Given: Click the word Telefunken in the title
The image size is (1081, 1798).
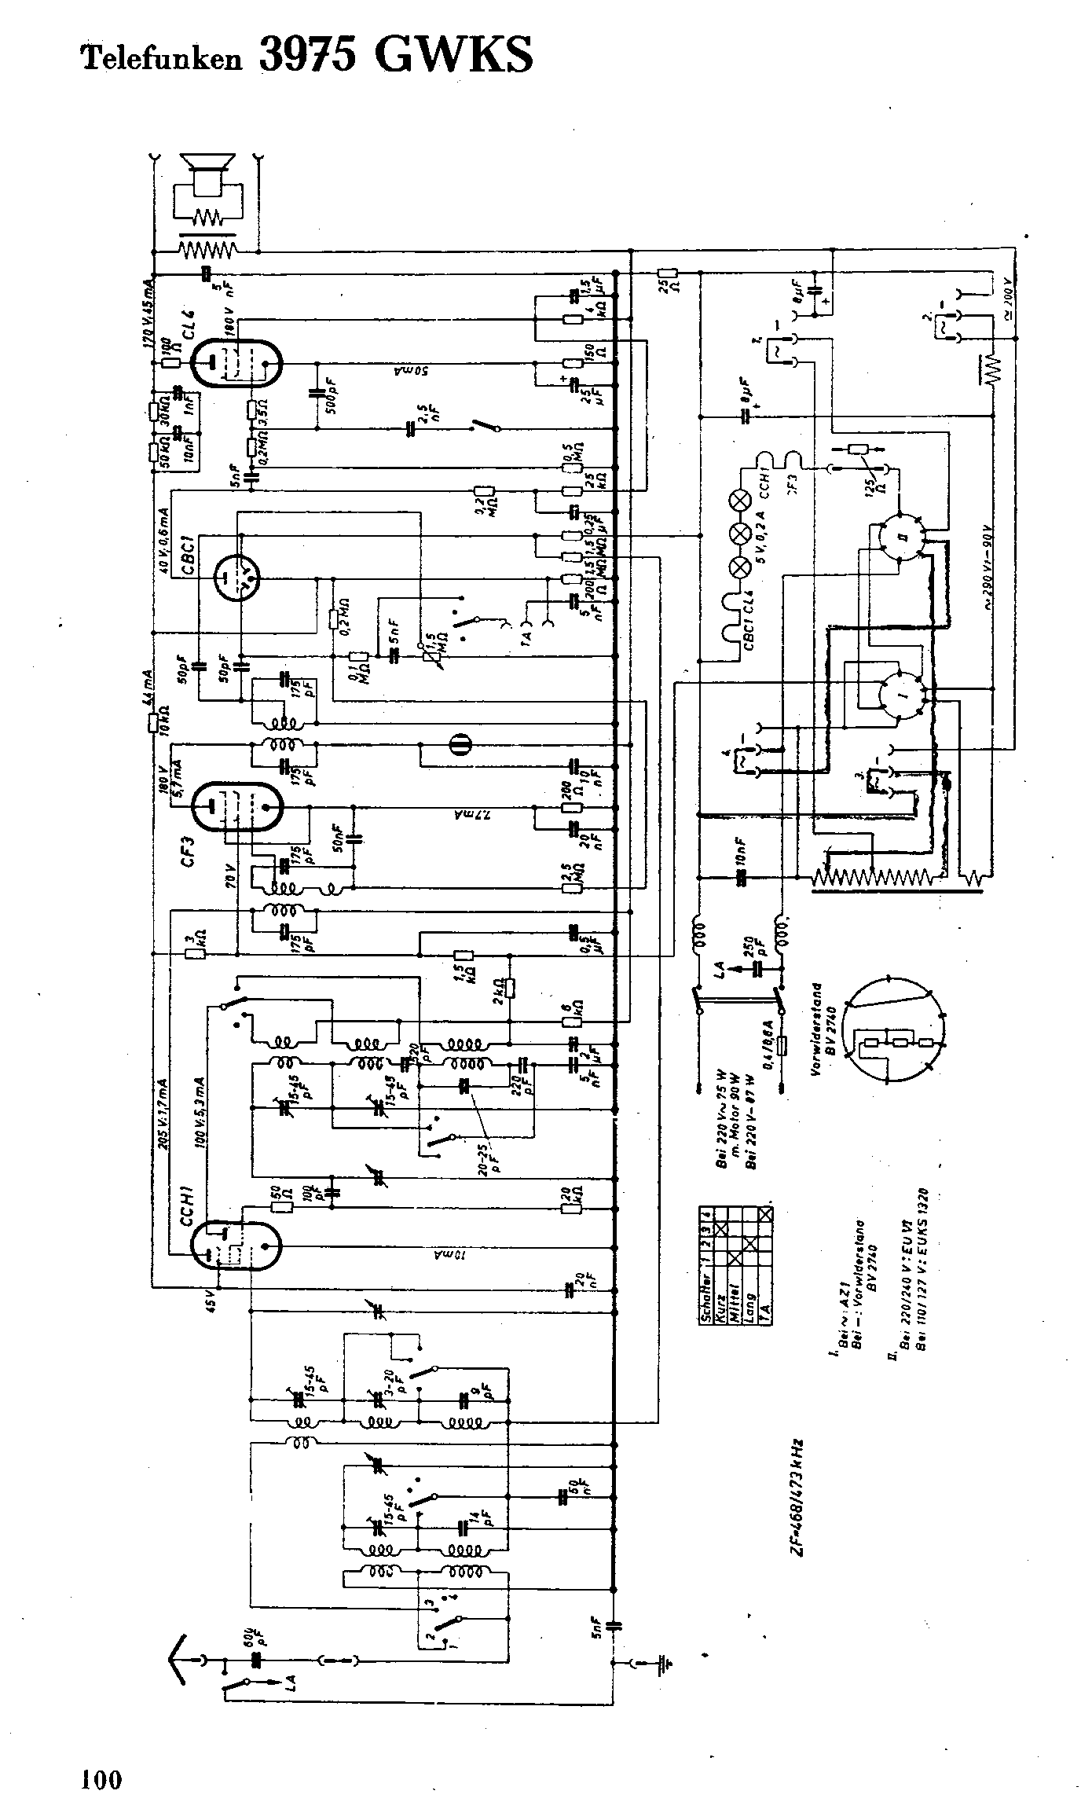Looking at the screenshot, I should click(x=162, y=57).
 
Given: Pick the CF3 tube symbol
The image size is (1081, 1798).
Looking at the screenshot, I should click(x=236, y=807).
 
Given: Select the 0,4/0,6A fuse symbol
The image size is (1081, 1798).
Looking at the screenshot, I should click(x=782, y=1045).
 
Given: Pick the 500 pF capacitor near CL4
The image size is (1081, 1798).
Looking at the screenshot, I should click(x=317, y=392).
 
